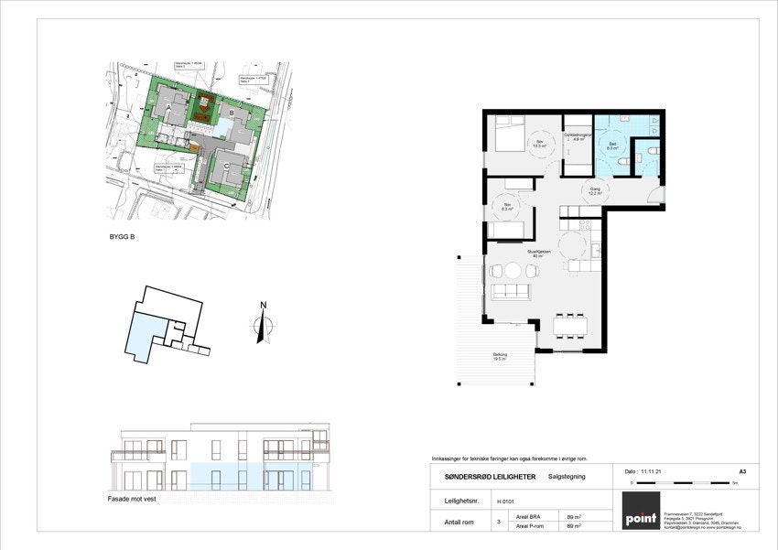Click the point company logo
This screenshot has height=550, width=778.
(x=641, y=511)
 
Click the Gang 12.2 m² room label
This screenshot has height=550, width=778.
(x=593, y=191)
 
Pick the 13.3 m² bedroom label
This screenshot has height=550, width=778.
(x=540, y=144)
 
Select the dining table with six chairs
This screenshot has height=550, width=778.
(x=571, y=325)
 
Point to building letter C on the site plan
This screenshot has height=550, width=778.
(x=226, y=165)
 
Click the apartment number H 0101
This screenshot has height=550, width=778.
(x=505, y=501)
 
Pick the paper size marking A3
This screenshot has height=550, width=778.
(x=741, y=470)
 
